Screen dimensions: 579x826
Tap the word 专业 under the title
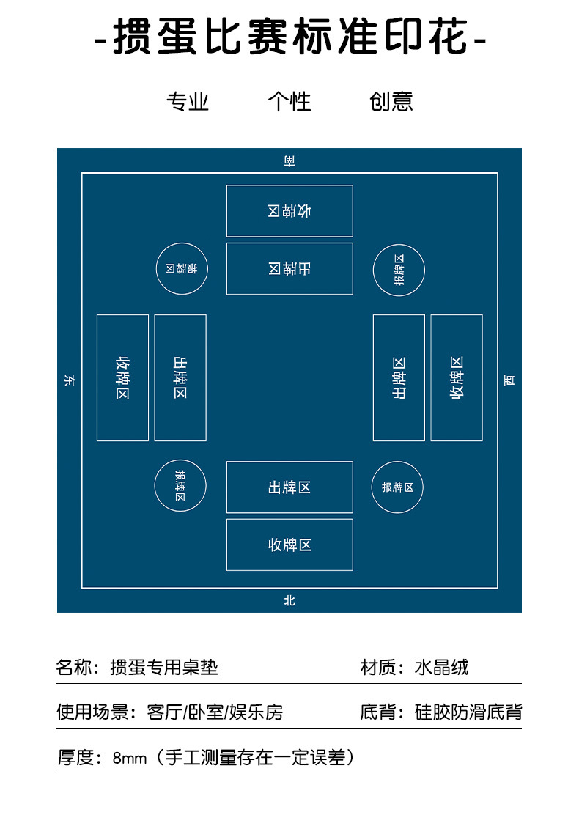188,101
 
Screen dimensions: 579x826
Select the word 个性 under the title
289,101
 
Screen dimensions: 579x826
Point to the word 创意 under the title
391,101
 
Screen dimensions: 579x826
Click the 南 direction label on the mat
289,161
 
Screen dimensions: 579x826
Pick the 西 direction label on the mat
509,380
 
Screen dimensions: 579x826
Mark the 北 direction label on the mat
289,600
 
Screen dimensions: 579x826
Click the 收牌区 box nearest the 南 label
289,211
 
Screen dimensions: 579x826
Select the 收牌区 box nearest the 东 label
122,377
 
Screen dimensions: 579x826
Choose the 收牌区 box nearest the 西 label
457,377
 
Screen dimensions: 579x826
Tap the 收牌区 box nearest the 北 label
289,545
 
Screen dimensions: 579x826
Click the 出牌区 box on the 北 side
289,487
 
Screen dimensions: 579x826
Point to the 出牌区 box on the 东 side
180,377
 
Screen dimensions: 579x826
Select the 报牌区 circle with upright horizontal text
397,487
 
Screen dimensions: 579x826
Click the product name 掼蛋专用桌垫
164,668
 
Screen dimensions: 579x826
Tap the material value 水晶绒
441,668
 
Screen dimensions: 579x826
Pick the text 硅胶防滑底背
468,712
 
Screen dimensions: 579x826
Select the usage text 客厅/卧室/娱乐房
215,712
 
